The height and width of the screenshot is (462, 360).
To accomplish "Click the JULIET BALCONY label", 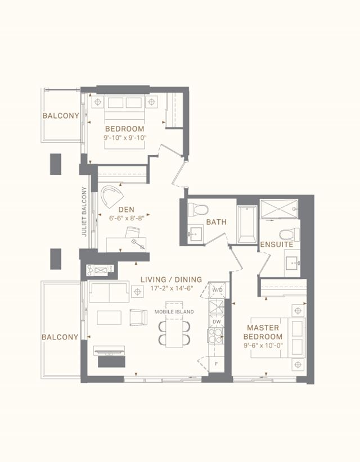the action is pyautogui.click(x=84, y=211).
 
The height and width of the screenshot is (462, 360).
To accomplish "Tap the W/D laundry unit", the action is pyautogui.click(x=217, y=290).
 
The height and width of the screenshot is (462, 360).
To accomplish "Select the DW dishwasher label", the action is pyautogui.click(x=217, y=321).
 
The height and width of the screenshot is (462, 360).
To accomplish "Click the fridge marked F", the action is pyautogui.click(x=217, y=364).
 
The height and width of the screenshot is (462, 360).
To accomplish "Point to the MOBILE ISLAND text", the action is pyautogui.click(x=174, y=312).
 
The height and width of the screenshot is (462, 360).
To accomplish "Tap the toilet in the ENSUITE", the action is pyautogui.click(x=290, y=234).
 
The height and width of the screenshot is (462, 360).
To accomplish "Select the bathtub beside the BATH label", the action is pyautogui.click(x=247, y=224).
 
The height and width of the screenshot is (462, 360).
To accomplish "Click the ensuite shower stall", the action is pyautogui.click(x=279, y=209).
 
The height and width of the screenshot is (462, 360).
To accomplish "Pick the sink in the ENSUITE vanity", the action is pyautogui.click(x=292, y=263).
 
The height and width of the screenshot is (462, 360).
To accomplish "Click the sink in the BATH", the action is pyautogui.click(x=195, y=234).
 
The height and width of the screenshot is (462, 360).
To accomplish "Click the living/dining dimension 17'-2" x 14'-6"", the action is pyautogui.click(x=172, y=288).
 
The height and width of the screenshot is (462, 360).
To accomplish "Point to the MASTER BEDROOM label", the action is pyautogui.click(x=263, y=332).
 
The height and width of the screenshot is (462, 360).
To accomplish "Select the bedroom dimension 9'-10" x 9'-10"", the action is pyautogui.click(x=125, y=138).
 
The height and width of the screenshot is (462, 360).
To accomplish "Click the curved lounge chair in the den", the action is pyautogui.click(x=112, y=197).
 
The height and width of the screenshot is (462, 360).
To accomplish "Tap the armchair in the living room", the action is pyautogui.click(x=138, y=318).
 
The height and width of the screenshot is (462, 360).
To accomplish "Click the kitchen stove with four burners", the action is pyautogui.click(x=215, y=336).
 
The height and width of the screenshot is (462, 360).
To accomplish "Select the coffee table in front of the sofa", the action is pyautogui.click(x=109, y=318).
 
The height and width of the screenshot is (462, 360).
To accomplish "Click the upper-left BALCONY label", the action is pyautogui.click(x=61, y=116).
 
